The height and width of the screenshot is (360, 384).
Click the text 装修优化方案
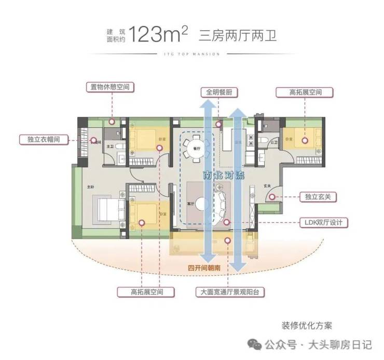click(x=306, y=326)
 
